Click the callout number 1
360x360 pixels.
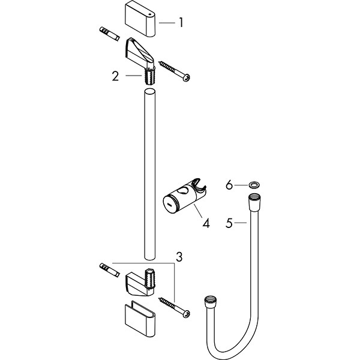180,23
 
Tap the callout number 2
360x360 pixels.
115,76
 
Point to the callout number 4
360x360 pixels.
206,223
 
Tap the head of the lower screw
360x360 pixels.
187,314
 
